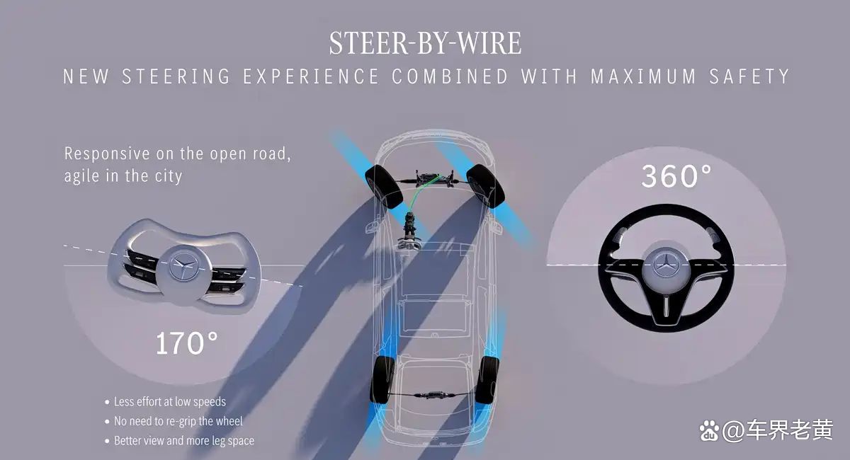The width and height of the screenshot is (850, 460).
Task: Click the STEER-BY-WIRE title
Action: coord(425,42)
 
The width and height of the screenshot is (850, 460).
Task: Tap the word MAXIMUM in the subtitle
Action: coord(643,76)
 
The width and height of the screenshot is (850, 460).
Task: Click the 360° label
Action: coord(676,176)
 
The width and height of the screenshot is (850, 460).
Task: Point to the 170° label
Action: coord(187,343)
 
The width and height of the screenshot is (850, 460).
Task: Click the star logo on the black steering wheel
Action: coord(666,264)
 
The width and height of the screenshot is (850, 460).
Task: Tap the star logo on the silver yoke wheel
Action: coord(183,265)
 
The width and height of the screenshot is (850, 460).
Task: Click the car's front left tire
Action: coord(384,187)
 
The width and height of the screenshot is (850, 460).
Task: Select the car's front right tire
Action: coord(485,186)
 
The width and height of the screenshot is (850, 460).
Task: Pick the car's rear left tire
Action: coord(382,379)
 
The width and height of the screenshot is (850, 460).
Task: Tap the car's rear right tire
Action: coord(487,379)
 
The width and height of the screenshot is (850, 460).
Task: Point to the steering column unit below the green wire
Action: coord(410,231)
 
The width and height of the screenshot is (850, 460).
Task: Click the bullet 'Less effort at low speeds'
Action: coord(166,401)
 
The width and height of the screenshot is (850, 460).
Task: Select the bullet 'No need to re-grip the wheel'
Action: coord(174,421)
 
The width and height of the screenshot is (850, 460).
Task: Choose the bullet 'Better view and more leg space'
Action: coord(179,441)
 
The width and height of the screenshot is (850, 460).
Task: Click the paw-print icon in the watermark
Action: coord(709,430)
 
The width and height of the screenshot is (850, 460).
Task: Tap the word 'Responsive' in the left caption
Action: coord(107,154)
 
